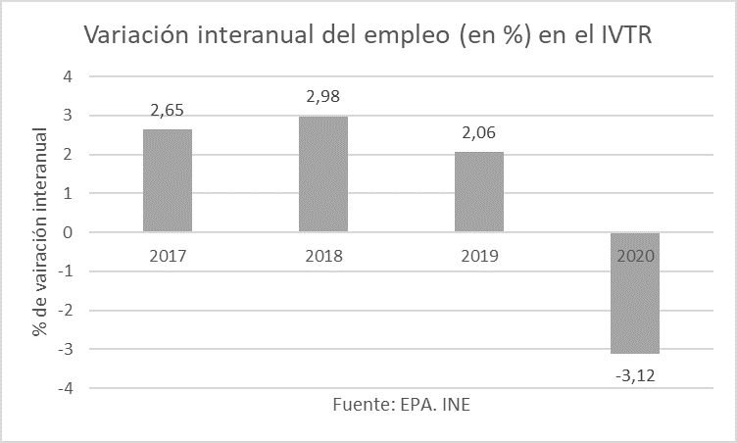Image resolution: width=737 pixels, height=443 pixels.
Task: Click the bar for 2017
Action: coord(168,181)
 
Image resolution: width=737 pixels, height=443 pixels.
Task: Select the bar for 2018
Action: coord(323,174)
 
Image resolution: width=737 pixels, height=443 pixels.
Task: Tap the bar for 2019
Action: coord(478,192)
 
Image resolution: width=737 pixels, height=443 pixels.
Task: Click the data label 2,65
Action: coord(169,110)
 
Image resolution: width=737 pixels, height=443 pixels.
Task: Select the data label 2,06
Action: coord(478,133)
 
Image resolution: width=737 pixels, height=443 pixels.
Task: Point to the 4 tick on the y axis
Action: coord(68,76)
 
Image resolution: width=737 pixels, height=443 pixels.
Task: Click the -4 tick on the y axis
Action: coord(65,388)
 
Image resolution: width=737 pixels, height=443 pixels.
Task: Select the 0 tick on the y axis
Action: coord(68,232)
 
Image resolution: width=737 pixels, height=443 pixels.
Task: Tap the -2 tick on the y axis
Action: coord(65,311)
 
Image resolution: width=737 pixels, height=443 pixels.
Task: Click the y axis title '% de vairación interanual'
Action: coord(39,232)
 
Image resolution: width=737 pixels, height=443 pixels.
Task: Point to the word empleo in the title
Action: coord(402,37)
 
